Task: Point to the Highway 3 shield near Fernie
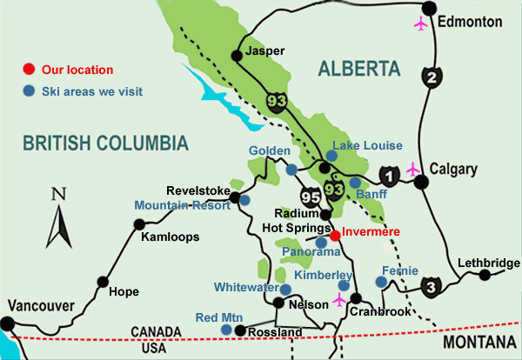pos(430,286)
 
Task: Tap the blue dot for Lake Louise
pos(331,155)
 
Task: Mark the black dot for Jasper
pos(236,56)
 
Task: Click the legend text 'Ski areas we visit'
pos(95,90)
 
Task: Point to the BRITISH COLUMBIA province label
pos(105,143)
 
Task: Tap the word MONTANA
pos(479,344)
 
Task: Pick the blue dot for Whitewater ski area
pos(284,289)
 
